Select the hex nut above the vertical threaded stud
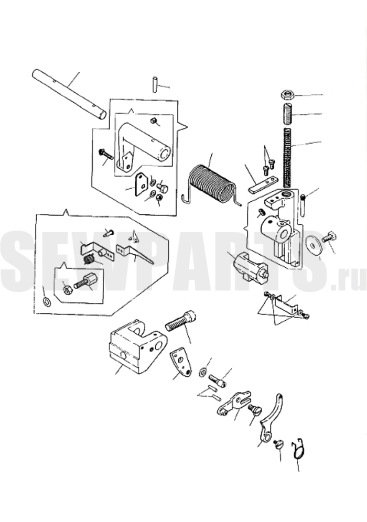click(287, 94)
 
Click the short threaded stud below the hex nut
click(287, 114)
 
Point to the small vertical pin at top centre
click(155, 84)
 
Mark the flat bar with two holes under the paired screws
click(263, 184)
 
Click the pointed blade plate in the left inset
click(134, 254)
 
